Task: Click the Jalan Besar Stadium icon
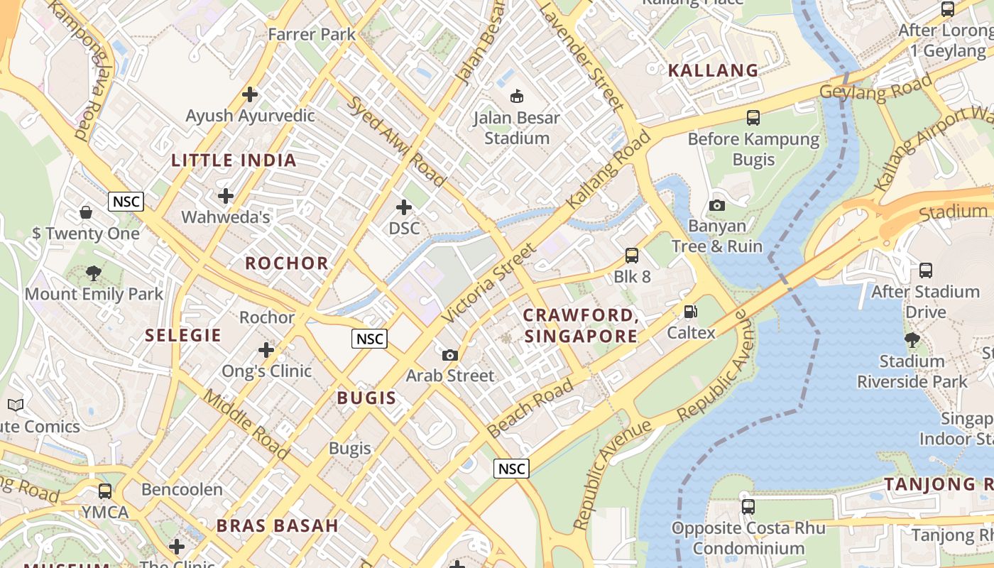pyautogui.click(x=517, y=95)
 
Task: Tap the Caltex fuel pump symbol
pyautogui.click(x=689, y=311)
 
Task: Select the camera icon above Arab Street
pyautogui.click(x=449, y=355)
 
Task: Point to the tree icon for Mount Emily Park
pyautogui.click(x=93, y=273)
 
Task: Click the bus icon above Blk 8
pyautogui.click(x=631, y=256)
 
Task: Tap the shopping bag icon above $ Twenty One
pyautogui.click(x=86, y=212)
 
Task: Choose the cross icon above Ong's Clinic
pyautogui.click(x=266, y=350)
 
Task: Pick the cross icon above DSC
pyautogui.click(x=404, y=207)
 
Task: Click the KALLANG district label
pyautogui.click(x=713, y=70)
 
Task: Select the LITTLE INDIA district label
pyautogui.click(x=234, y=160)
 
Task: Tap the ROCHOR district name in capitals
pyautogui.click(x=287, y=263)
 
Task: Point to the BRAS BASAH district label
pyautogui.click(x=278, y=526)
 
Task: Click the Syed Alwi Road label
pyautogui.click(x=395, y=140)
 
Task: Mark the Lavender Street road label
pyautogui.click(x=581, y=55)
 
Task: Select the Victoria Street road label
pyautogui.click(x=489, y=283)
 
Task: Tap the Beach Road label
pyautogui.click(x=530, y=408)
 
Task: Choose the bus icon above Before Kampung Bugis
pyautogui.click(x=753, y=118)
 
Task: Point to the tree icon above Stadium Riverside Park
pyautogui.click(x=912, y=340)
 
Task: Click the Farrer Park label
pyautogui.click(x=312, y=34)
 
